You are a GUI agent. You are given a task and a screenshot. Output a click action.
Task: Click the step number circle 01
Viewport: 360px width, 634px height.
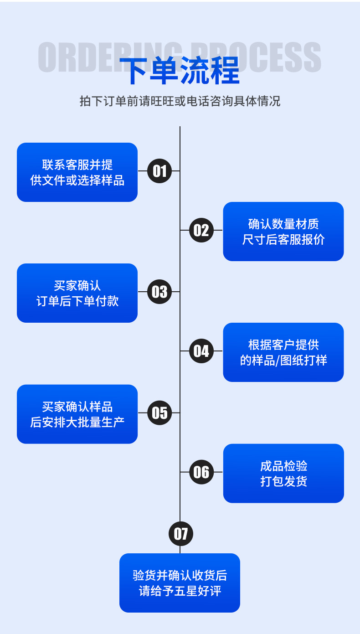pyautogui.click(x=159, y=171)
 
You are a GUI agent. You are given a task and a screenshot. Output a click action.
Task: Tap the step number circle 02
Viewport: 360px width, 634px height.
pyautogui.click(x=201, y=230)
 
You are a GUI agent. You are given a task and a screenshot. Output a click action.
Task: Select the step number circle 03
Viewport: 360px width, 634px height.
pyautogui.click(x=159, y=292)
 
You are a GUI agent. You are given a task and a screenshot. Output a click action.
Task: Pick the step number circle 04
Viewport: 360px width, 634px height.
pyautogui.click(x=201, y=351)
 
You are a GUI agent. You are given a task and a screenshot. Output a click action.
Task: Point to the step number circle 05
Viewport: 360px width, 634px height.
pyautogui.click(x=159, y=412)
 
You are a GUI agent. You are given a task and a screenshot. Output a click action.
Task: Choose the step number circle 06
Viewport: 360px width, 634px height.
pyautogui.click(x=201, y=472)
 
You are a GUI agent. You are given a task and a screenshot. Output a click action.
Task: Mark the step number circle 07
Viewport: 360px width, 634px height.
pyautogui.click(x=180, y=533)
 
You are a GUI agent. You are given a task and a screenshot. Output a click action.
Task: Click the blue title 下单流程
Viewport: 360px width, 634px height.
pyautogui.click(x=180, y=71)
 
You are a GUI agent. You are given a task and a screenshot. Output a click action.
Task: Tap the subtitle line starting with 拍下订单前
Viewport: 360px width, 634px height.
pyautogui.click(x=180, y=101)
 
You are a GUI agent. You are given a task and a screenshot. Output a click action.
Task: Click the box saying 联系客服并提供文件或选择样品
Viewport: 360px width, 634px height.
pyautogui.click(x=77, y=172)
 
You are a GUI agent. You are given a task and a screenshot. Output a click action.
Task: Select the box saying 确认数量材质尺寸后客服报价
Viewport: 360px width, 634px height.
pyautogui.click(x=283, y=232)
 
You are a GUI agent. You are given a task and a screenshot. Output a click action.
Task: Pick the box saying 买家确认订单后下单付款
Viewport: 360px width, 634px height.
pyautogui.click(x=77, y=293)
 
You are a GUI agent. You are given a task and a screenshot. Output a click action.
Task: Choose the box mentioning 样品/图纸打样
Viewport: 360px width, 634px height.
pyautogui.click(x=283, y=352)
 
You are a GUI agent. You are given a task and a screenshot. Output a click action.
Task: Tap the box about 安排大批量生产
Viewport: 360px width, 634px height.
pyautogui.click(x=77, y=414)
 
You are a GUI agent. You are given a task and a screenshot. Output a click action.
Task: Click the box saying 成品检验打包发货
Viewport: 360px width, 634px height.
pyautogui.click(x=283, y=474)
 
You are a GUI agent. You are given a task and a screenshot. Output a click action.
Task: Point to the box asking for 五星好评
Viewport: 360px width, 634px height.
pyautogui.click(x=180, y=583)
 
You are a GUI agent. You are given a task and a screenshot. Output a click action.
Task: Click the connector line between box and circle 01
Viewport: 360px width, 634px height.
pyautogui.click(x=142, y=171)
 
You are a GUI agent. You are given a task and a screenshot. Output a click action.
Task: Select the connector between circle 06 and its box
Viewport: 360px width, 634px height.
pyautogui.click(x=218, y=472)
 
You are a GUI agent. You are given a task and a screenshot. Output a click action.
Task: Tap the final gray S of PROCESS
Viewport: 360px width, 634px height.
pyautogui.click(x=311, y=57)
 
